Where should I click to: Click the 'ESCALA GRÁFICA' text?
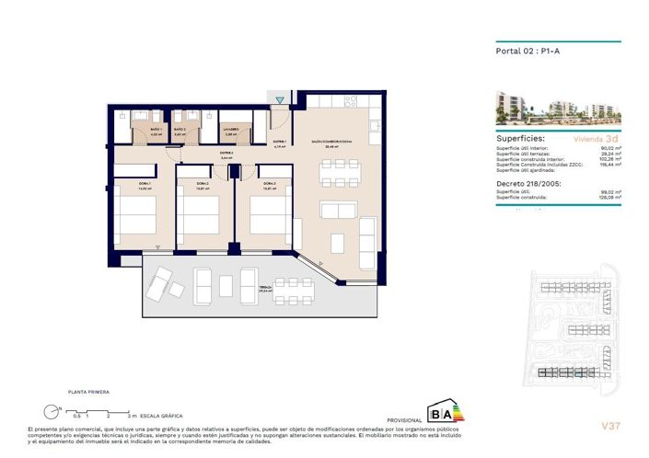(x=159, y=417)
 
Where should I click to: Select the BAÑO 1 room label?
(x=156, y=130)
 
